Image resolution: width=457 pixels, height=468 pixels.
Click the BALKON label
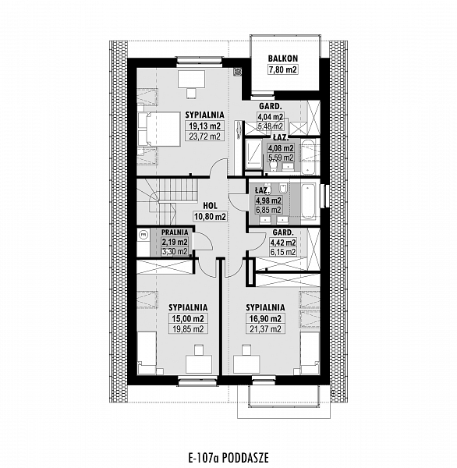[282, 58]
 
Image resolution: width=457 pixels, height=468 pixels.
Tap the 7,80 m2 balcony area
[282, 70]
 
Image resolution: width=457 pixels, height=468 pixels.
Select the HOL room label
[210, 206]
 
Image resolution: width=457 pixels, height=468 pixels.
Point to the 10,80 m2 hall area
[210, 216]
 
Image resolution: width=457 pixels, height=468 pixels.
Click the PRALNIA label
[175, 232]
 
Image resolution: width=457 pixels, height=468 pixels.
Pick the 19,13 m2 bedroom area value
[204, 126]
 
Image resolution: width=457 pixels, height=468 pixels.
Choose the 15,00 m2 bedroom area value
[188, 318]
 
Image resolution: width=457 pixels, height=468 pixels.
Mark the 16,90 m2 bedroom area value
[265, 318]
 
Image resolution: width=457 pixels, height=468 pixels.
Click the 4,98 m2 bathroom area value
[268, 200]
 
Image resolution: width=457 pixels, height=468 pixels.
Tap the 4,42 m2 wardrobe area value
[282, 243]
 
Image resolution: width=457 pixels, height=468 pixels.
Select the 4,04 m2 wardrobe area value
[270, 116]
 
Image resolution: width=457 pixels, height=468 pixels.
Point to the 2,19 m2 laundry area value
[175, 242]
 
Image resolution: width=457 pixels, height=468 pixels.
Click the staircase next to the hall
[163, 201]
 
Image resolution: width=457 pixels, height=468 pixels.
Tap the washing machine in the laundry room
[143, 235]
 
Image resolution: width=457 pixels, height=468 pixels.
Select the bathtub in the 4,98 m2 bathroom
[308, 201]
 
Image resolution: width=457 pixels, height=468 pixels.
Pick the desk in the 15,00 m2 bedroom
[199, 364]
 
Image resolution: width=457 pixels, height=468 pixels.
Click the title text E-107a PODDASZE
[228, 457]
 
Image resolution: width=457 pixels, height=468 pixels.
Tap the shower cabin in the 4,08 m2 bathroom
[253, 154]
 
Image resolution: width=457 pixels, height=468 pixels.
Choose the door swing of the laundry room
[204, 241]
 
